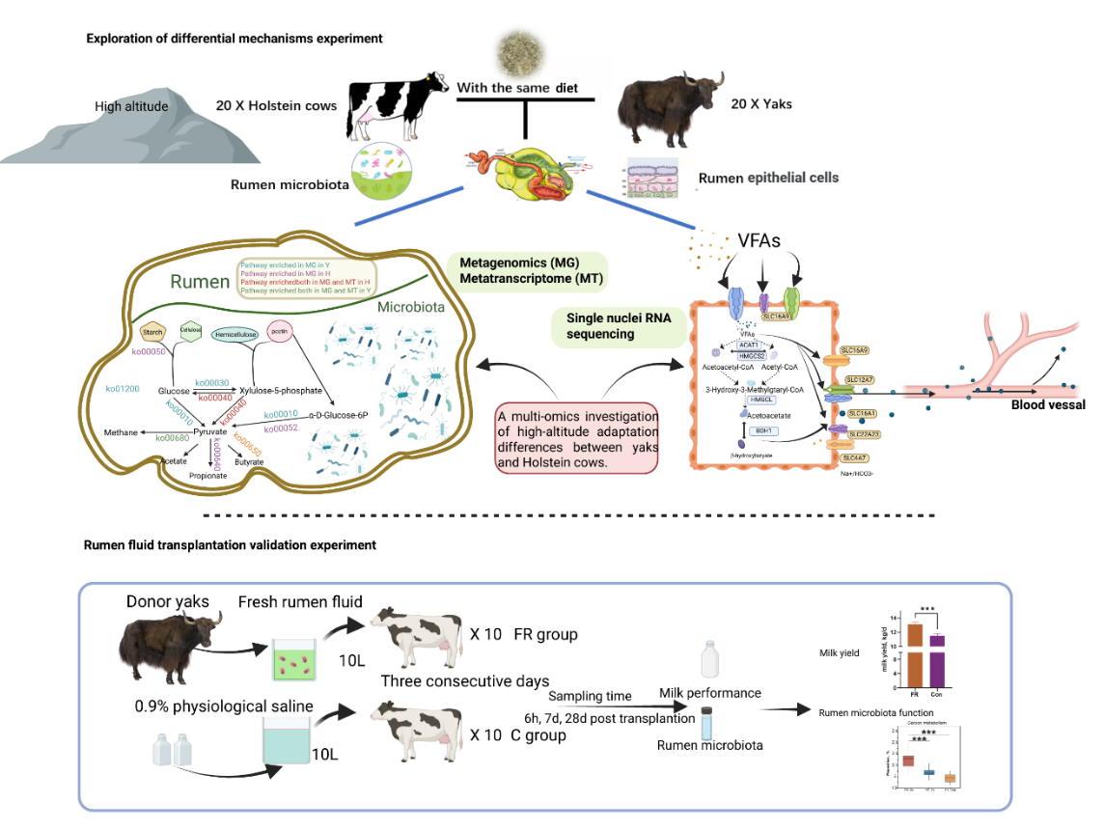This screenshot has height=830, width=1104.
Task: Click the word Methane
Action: pyautogui.click(x=122, y=432)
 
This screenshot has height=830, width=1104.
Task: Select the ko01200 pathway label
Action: pyautogui.click(x=123, y=388)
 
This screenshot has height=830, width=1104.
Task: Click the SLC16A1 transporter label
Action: pyautogui.click(x=861, y=413)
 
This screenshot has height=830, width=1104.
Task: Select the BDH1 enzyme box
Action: pyautogui.click(x=762, y=430)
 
